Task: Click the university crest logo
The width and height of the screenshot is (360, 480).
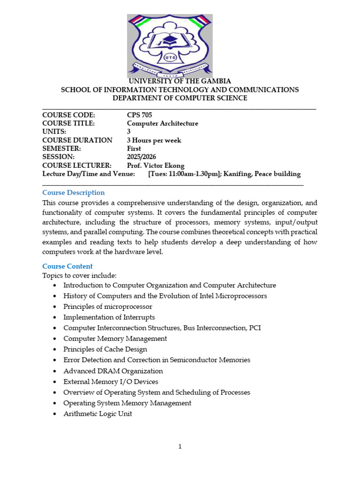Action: (x=170, y=45)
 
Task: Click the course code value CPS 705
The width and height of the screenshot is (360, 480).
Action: (x=139, y=115)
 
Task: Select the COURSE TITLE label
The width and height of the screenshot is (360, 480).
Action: (x=68, y=123)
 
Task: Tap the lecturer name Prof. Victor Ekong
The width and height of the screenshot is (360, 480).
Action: (x=156, y=165)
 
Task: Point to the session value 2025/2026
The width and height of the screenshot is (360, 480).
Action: (x=142, y=157)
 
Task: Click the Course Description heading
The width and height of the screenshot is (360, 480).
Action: (x=74, y=193)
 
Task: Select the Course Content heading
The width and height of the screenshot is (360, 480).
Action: (x=67, y=266)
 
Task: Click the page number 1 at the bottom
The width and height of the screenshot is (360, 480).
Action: (x=180, y=447)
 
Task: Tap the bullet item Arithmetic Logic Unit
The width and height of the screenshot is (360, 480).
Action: (x=97, y=414)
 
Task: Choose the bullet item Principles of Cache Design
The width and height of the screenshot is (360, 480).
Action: (x=105, y=349)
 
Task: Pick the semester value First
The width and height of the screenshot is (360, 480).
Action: (x=134, y=149)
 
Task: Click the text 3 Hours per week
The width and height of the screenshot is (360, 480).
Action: (x=154, y=140)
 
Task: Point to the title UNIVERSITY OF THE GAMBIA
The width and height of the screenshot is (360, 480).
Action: (x=180, y=81)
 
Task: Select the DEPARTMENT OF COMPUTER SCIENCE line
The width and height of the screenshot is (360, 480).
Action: (x=180, y=98)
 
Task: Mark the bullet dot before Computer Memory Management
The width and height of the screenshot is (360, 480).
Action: (x=55, y=338)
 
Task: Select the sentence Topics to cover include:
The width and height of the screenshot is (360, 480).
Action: (x=79, y=275)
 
